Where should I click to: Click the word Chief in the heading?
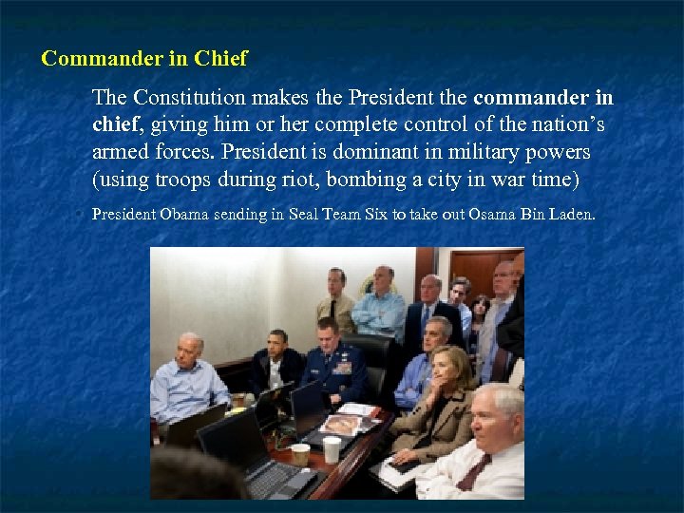click(x=220, y=59)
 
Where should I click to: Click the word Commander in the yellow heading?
click(x=90, y=59)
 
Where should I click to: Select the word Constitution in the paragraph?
click(x=193, y=99)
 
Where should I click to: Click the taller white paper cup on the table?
click(x=332, y=448)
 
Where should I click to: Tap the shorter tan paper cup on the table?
click(x=300, y=453)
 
